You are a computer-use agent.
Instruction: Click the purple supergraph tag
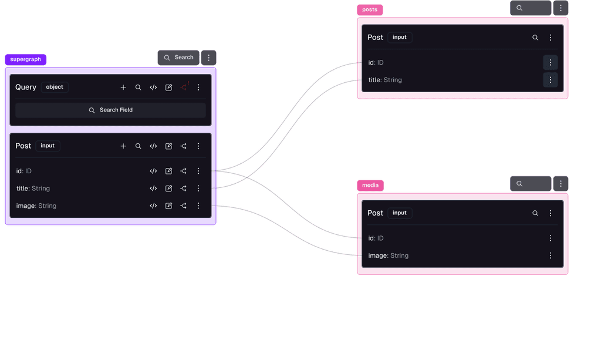click(x=26, y=59)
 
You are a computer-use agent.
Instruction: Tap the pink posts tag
click(x=370, y=9)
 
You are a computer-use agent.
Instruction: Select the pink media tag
click(x=370, y=185)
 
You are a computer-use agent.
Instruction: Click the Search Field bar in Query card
click(x=110, y=110)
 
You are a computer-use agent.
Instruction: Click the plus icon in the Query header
click(x=123, y=88)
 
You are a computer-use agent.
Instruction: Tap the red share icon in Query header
click(x=184, y=87)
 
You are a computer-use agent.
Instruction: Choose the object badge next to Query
click(x=55, y=87)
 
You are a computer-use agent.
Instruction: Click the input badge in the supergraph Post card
click(x=48, y=146)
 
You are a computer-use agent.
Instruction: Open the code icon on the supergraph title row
click(x=153, y=189)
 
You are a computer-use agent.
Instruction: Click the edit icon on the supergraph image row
click(x=168, y=206)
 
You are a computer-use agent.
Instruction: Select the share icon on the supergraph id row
click(x=184, y=171)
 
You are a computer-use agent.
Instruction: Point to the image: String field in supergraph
click(x=36, y=206)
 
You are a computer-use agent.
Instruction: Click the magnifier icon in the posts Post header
click(x=535, y=38)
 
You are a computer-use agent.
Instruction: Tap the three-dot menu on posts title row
click(x=551, y=80)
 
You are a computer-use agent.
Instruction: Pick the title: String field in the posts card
click(x=385, y=80)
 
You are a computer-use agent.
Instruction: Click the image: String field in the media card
click(x=389, y=255)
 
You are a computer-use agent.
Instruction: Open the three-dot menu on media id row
click(x=551, y=238)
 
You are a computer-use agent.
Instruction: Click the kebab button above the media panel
click(x=561, y=184)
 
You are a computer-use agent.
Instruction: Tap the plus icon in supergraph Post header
click(x=123, y=146)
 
